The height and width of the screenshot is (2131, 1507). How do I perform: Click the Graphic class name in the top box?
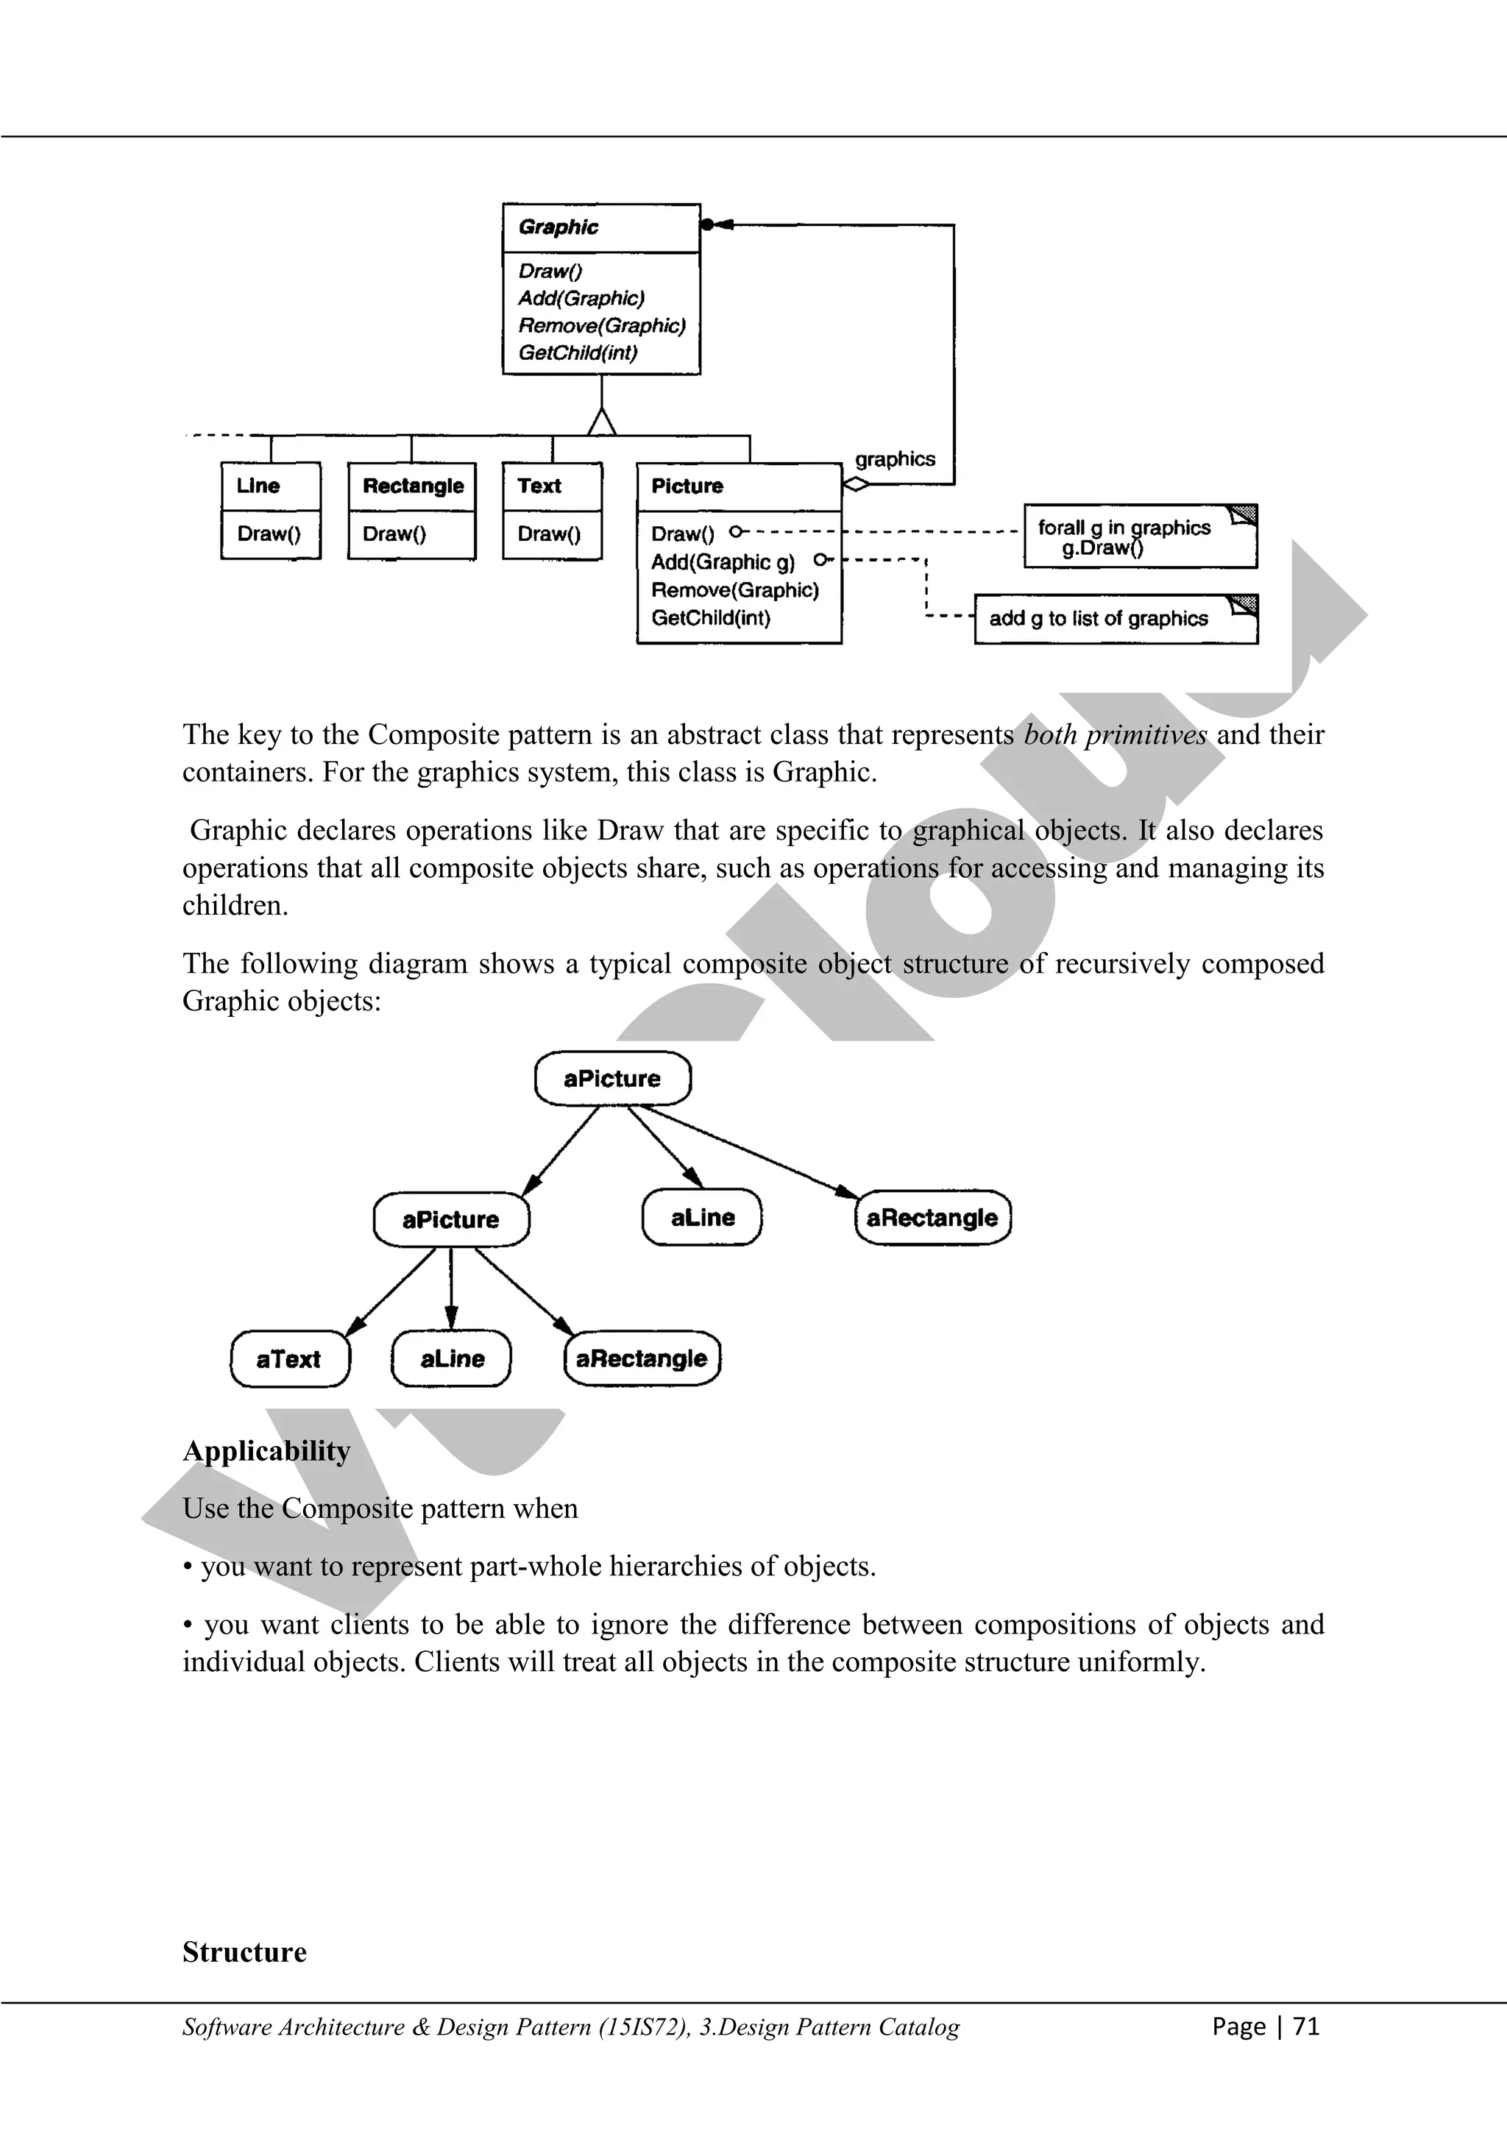tap(558, 227)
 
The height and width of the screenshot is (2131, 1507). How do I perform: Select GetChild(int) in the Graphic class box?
tap(577, 352)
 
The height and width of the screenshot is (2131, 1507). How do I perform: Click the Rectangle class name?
tap(413, 486)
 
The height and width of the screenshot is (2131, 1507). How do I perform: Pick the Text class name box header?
tap(540, 486)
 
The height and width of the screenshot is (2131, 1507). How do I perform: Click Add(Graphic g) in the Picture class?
tap(723, 562)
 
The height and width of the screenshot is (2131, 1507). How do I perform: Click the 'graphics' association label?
tap(895, 459)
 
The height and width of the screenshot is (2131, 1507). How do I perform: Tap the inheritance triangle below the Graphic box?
tap(602, 422)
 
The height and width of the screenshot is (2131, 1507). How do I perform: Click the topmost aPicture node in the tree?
tap(612, 1079)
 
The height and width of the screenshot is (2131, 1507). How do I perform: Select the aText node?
tap(289, 1359)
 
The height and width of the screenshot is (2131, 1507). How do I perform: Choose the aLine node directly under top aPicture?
tap(703, 1218)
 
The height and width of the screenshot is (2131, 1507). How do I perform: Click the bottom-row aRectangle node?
tap(642, 1359)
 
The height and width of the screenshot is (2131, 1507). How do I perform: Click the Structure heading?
tap(244, 1952)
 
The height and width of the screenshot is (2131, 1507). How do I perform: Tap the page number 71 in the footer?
tap(1305, 2025)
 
